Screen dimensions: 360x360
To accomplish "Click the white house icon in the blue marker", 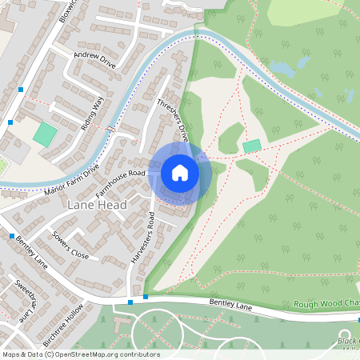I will [179, 172].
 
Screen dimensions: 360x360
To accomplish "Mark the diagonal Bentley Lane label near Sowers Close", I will [30, 250].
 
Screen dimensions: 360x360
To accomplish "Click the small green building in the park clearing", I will [252, 146].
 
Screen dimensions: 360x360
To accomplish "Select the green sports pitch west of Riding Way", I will [45, 134].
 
